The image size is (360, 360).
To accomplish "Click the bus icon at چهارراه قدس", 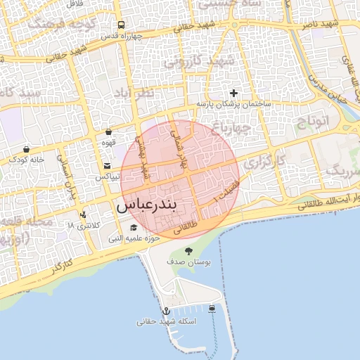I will pos(120,24).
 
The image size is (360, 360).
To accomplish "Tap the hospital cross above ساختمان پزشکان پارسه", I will pos(233,93).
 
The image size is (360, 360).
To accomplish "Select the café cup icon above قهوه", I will pos(108,131).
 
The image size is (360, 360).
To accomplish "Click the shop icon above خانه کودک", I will pos(27,149).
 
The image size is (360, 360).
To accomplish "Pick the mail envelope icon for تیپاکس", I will pos(107,166).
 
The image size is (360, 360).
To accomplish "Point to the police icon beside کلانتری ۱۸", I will pos(84,214).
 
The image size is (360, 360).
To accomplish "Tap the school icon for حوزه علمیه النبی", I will pos(134,227).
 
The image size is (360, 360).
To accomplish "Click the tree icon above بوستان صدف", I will pos(188,250).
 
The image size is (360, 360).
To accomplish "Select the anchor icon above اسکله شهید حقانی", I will pos(167,310).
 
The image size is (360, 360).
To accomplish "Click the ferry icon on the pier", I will pos(212,308).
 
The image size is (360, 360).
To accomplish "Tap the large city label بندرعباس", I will pos(148,205).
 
